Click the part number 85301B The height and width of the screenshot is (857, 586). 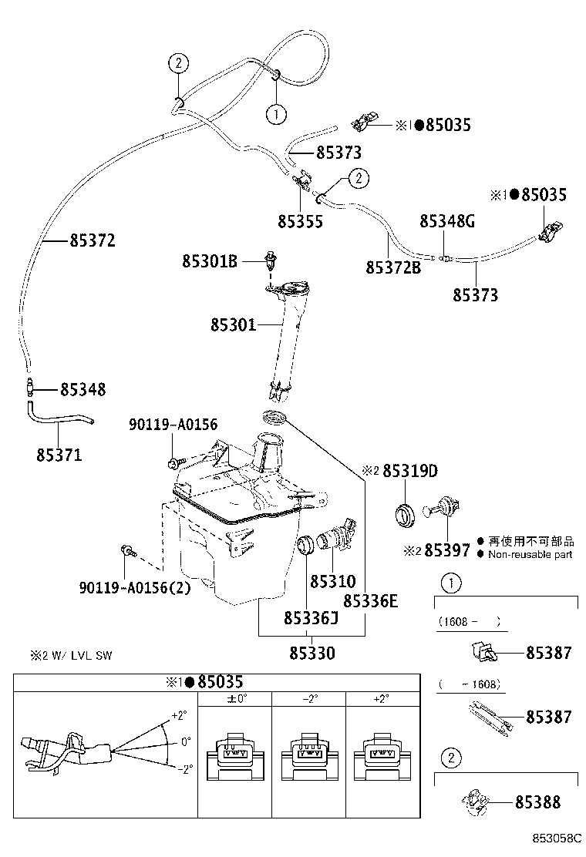coord(209,262)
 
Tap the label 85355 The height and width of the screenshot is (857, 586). coord(300,221)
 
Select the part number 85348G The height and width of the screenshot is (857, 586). coord(447,221)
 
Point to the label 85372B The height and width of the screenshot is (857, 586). coord(393,267)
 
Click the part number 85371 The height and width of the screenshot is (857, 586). coord(59,455)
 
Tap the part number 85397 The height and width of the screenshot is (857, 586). coord(447,550)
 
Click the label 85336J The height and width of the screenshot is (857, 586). coord(312,618)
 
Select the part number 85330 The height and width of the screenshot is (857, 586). coord(312,654)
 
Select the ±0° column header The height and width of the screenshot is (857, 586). coord(235,699)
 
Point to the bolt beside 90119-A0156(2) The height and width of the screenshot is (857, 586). coord(128,551)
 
